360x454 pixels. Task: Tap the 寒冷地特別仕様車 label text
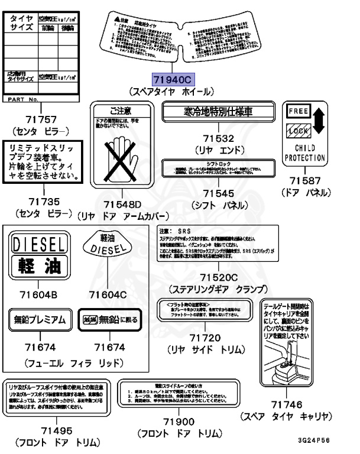pos(218,111)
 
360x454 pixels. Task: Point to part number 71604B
pos(40,294)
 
